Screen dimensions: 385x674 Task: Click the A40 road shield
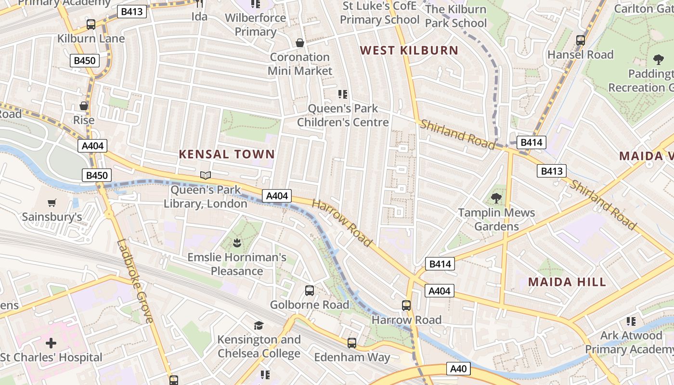pos(458,369)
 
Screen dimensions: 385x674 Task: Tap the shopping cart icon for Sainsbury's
pos(52,203)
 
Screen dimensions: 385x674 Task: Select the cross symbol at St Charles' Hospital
pos(51,343)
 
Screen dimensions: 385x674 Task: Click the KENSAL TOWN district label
pos(227,154)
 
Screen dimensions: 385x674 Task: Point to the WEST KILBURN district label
pos(409,50)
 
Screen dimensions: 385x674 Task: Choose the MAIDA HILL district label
pos(567,282)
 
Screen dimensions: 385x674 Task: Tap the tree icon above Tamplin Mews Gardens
pos(496,198)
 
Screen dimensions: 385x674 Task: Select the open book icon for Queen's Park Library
pos(206,175)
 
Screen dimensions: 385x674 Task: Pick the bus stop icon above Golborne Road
pos(310,291)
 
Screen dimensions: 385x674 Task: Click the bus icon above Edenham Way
pos(352,343)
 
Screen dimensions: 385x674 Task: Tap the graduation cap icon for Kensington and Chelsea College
pos(259,325)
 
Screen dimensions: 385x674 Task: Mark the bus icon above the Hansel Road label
pos(581,40)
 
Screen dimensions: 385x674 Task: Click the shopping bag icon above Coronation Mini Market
pos(300,43)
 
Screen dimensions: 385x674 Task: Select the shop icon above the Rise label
pos(84,106)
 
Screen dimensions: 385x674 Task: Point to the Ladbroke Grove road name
pos(135,282)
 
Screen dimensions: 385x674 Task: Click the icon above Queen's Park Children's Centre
pos(342,94)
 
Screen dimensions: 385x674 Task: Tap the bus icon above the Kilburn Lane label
pos(91,25)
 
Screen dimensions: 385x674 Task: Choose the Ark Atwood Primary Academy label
pos(631,342)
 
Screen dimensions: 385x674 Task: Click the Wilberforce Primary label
pos(255,25)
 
